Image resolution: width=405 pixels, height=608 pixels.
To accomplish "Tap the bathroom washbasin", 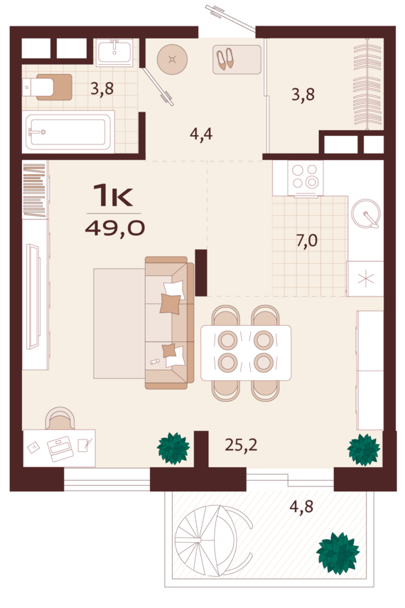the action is [114, 53].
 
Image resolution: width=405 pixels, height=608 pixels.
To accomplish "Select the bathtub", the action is [68, 132].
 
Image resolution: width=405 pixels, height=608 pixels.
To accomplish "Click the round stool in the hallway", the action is [173, 59].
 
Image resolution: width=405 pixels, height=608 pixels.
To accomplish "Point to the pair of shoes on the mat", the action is [225, 58].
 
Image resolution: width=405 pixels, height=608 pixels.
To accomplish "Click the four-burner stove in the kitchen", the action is [306, 178].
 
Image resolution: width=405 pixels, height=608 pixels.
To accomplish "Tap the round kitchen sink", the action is [366, 213].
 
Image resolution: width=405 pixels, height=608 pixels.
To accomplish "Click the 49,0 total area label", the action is [115, 228].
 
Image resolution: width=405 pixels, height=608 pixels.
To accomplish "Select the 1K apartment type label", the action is [113, 196].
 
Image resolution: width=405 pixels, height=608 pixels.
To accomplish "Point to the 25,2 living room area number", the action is [241, 444].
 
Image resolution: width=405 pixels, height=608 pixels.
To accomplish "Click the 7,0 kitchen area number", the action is [307, 241].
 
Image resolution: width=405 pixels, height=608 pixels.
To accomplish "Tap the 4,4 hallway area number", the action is [201, 134].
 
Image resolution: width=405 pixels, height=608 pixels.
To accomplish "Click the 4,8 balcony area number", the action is [301, 506].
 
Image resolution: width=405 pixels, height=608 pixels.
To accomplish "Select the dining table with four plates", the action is [246, 353].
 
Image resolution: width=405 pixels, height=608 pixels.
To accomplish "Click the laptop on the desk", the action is [60, 449].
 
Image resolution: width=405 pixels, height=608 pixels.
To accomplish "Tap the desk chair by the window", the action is [60, 418].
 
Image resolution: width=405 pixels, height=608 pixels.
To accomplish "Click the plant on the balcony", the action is [338, 553].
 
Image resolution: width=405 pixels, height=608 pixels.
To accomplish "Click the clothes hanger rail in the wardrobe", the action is [368, 84].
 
